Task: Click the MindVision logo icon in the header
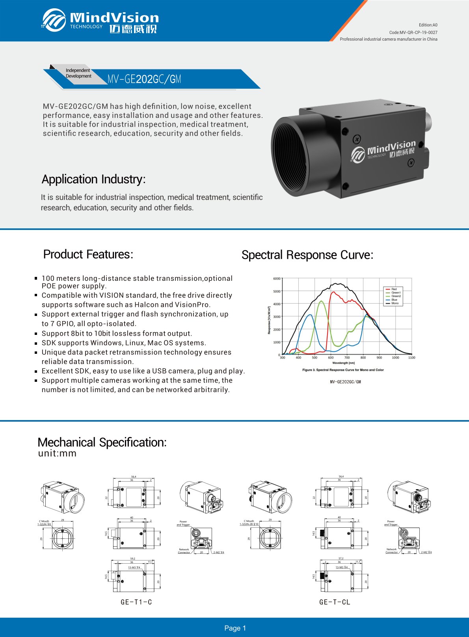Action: point(54,20)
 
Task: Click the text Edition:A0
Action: point(428,25)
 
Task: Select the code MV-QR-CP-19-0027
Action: point(413,32)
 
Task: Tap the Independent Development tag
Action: point(78,73)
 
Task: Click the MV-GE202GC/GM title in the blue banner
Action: point(144,79)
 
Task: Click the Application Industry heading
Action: point(94,179)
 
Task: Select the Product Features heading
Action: point(88,254)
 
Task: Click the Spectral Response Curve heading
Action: point(307,255)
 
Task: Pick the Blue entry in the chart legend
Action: point(394,300)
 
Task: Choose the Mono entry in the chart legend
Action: point(395,303)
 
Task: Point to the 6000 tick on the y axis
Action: point(277,278)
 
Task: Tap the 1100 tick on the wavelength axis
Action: point(411,358)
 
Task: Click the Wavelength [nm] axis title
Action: point(343,363)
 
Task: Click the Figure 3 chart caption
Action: point(343,370)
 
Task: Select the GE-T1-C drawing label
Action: point(136,602)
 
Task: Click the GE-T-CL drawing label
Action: point(335,602)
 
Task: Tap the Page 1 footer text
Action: point(235,628)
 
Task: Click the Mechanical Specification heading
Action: point(102,442)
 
